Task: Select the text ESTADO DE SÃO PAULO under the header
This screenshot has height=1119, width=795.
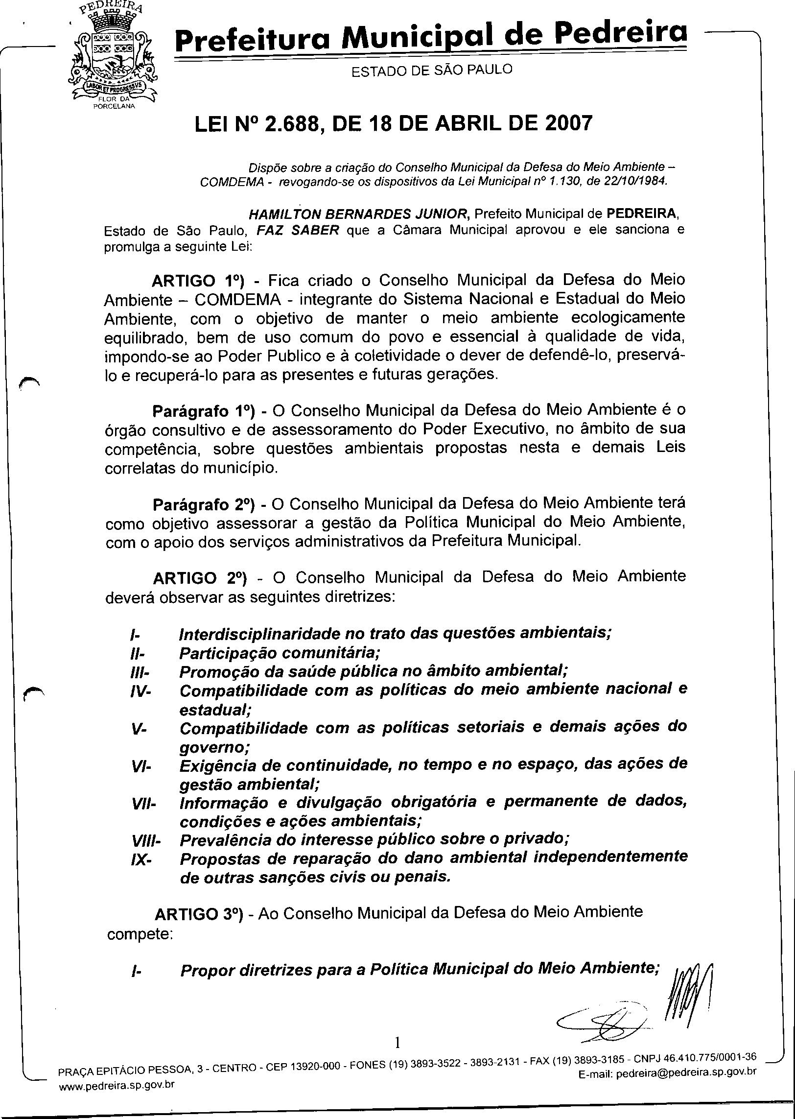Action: click(x=432, y=71)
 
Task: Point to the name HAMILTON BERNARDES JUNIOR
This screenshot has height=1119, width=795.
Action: click(x=359, y=214)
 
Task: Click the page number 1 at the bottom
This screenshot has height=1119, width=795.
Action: click(x=397, y=1043)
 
